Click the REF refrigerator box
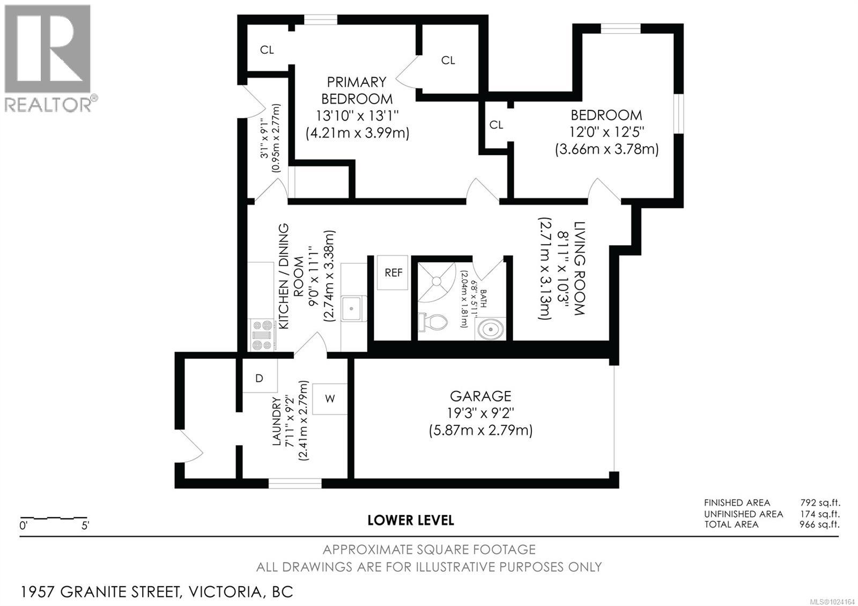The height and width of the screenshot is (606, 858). [x=393, y=272]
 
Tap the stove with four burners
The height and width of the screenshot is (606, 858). [x=262, y=335]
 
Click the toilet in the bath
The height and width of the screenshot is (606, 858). [x=434, y=322]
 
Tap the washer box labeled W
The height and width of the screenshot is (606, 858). [x=330, y=398]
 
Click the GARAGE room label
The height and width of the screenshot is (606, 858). [x=480, y=396]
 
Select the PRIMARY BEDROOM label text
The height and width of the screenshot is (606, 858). [x=357, y=90]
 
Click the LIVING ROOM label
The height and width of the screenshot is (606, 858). [x=579, y=268]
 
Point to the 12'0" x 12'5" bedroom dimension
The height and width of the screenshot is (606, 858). [x=607, y=131]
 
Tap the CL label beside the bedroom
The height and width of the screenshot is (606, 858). [x=497, y=125]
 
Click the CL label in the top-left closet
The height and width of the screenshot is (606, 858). [x=267, y=50]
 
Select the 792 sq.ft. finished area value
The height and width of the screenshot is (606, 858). [x=819, y=502]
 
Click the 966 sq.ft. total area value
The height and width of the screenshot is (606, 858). [x=819, y=524]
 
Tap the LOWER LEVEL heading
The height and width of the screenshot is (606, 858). [x=411, y=520]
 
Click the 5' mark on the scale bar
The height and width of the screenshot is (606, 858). [x=85, y=526]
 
